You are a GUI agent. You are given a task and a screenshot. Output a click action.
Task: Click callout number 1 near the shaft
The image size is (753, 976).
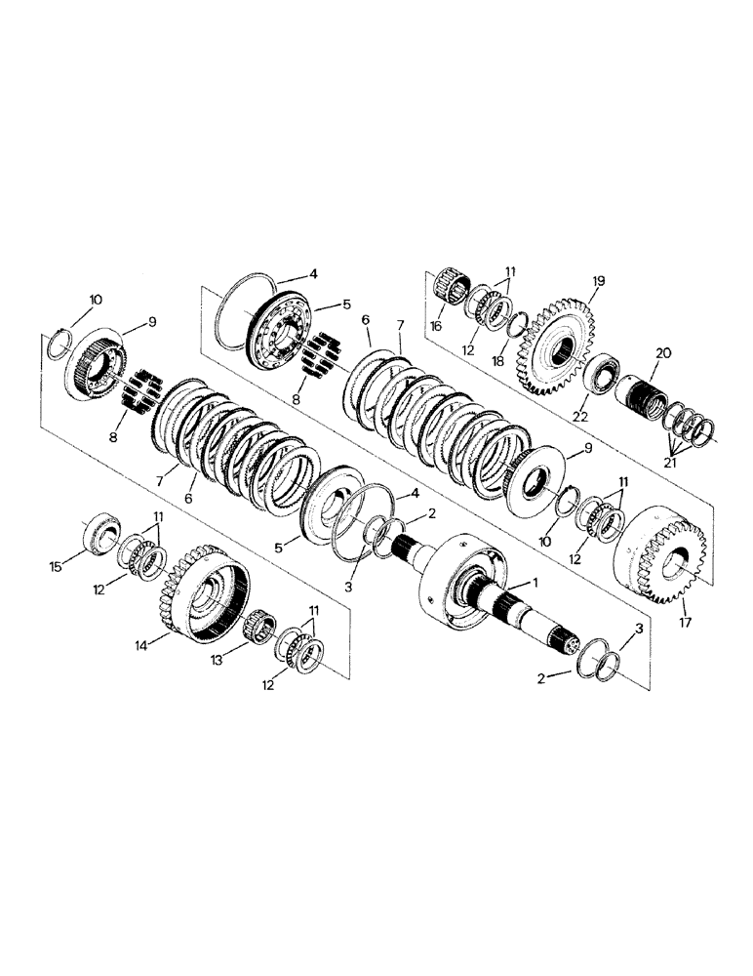(x=535, y=582)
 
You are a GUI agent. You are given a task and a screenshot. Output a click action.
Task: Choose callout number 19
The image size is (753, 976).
(x=597, y=280)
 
